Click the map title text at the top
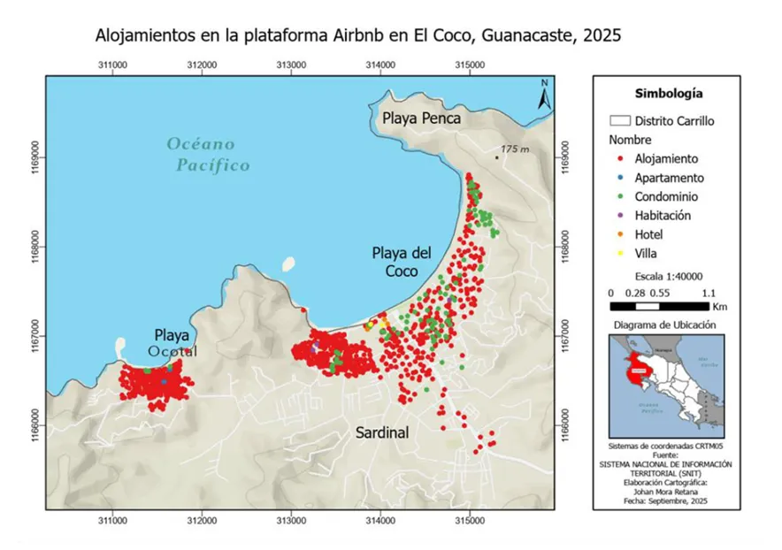358,36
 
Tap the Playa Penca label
423,118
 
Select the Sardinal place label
381,433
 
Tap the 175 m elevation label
513,149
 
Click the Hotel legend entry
648,234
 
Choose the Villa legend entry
647,253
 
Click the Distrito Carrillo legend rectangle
619,121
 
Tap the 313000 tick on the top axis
291,65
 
